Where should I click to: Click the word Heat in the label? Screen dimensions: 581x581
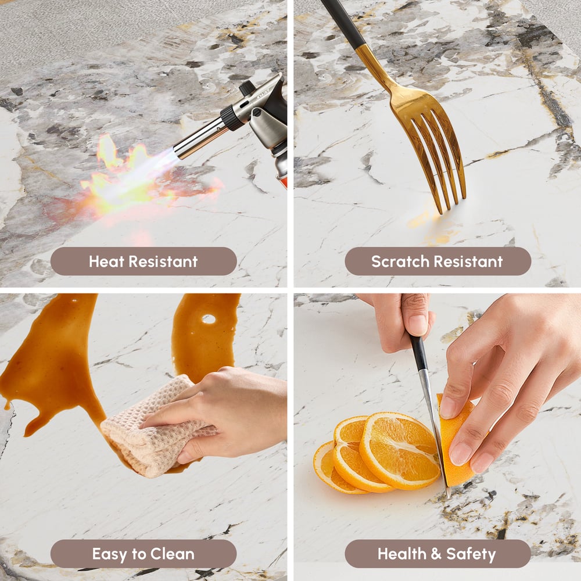coord(106,261)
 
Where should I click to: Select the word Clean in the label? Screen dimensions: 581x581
coord(173,554)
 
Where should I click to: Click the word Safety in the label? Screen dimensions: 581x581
coord(471,554)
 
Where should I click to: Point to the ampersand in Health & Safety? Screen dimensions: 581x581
coord(436,554)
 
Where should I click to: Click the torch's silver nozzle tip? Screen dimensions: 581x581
coord(178,151)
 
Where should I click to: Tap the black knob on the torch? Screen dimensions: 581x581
coord(246,88)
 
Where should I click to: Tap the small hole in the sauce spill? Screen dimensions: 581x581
coord(209,318)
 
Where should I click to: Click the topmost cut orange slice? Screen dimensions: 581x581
coord(400,450)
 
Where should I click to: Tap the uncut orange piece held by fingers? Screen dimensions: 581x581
coord(456,441)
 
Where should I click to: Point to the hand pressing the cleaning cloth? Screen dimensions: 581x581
coord(218,411)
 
